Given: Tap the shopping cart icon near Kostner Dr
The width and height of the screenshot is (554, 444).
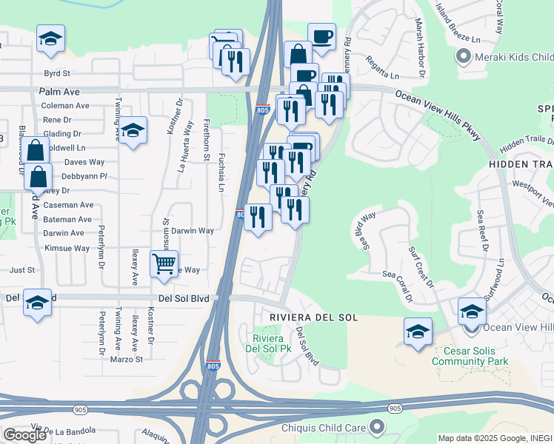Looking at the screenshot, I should pos(164,263).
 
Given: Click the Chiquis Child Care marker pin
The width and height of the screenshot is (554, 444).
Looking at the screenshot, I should pos(377,426).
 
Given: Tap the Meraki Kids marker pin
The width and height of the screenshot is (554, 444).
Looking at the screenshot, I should pos(464,56).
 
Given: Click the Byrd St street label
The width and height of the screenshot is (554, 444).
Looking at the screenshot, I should pos(56,73).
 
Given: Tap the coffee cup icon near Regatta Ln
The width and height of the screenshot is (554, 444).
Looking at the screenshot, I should pos(321,37).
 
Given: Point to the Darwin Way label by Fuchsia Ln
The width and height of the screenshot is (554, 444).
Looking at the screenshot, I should pos(193,231).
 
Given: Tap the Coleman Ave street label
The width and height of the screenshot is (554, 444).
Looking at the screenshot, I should pos(66,106).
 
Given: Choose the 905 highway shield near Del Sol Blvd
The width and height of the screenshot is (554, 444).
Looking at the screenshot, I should pos(395,408).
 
